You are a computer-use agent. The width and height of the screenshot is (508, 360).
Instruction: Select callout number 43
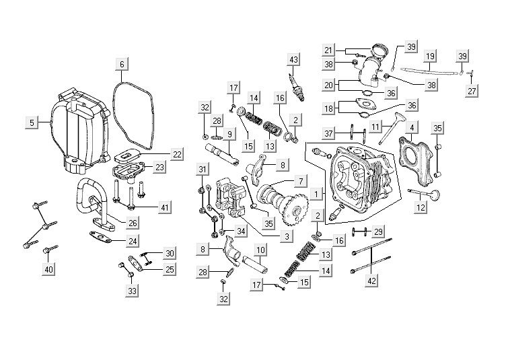point(293,59)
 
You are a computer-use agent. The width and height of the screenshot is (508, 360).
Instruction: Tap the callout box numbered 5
point(31,122)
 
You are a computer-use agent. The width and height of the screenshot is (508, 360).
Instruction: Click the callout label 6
point(122,65)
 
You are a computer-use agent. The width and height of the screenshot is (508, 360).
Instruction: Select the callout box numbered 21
point(347,50)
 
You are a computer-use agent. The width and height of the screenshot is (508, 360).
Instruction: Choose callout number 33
point(132,291)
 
